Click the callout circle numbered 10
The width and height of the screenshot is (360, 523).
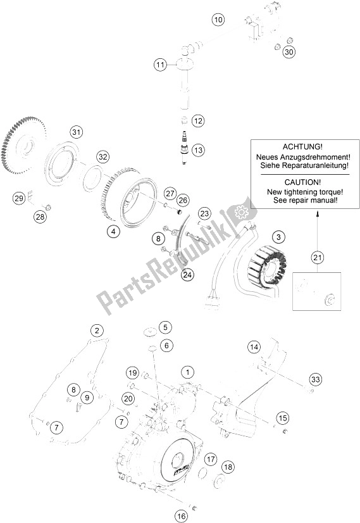tap(218, 20)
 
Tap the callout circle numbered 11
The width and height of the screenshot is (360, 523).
tap(160, 65)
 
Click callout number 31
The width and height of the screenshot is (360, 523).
tap(77, 132)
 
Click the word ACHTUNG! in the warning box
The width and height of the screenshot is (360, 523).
tap(299, 146)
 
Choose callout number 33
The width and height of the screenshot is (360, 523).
tap(333, 380)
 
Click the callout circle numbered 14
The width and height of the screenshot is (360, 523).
tap(254, 347)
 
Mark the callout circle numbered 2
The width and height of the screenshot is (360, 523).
tap(96, 330)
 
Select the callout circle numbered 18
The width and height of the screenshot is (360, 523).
tap(227, 467)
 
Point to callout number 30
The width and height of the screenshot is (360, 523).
tap(288, 52)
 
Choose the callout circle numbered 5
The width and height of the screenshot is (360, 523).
tap(164, 327)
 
